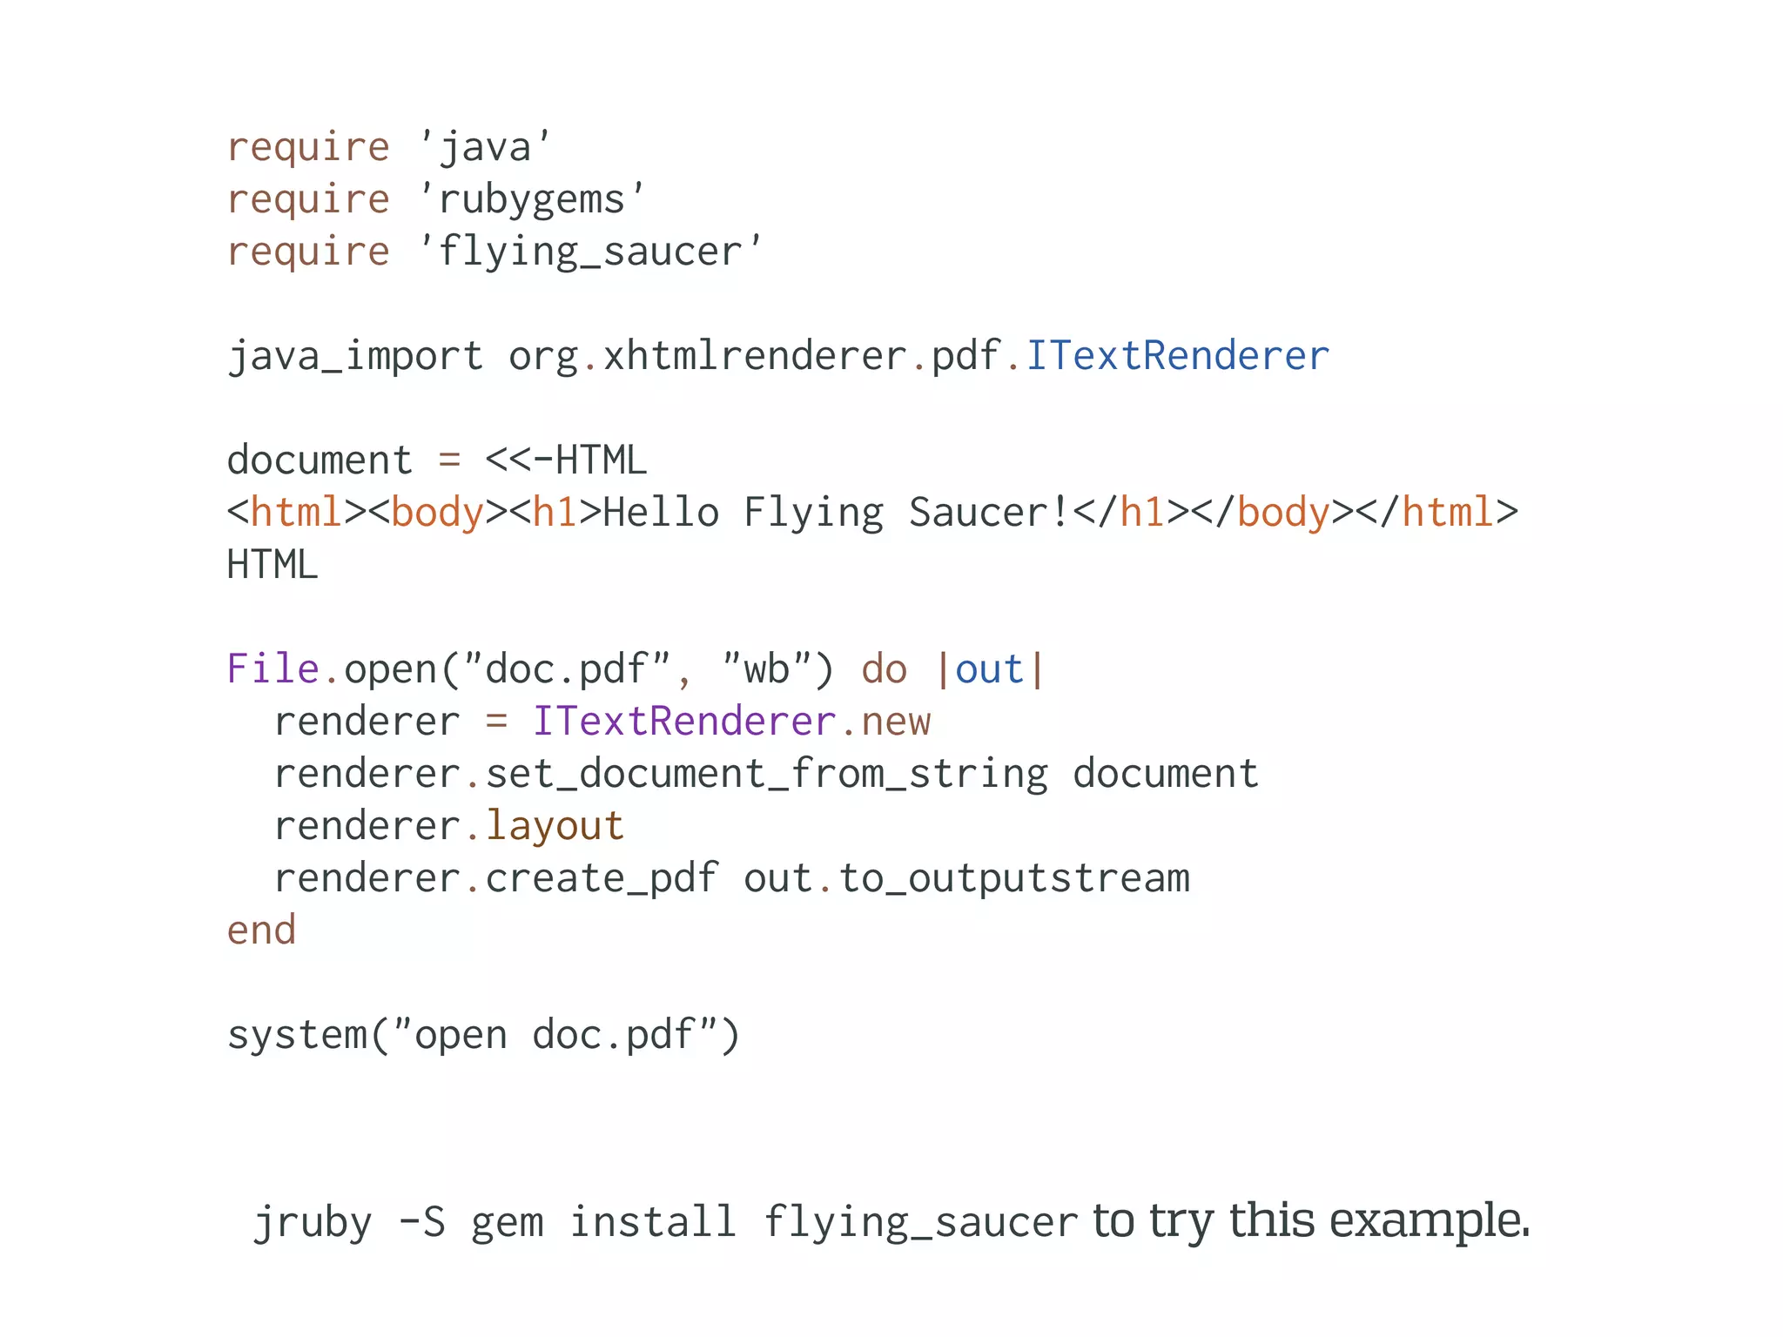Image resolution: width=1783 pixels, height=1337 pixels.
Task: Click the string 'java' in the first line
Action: click(x=485, y=147)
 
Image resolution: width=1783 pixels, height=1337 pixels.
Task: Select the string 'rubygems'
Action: click(x=532, y=200)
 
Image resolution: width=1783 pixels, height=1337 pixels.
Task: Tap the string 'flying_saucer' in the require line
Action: click(x=589, y=252)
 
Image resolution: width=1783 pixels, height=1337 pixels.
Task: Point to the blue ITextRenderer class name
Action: click(x=1177, y=356)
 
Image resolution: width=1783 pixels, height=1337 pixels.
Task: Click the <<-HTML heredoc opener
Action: click(x=566, y=460)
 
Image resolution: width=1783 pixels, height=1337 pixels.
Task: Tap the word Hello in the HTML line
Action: click(x=661, y=513)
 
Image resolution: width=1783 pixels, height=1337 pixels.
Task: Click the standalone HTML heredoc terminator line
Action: click(x=272, y=565)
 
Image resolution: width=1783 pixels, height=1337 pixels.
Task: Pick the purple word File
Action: click(x=272, y=669)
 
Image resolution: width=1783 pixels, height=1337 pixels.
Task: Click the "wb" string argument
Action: click(x=766, y=669)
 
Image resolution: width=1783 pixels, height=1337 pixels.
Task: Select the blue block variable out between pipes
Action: click(x=989, y=669)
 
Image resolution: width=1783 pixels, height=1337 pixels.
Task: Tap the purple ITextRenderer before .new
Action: click(x=684, y=722)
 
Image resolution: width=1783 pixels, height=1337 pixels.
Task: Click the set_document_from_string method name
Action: click(x=766, y=774)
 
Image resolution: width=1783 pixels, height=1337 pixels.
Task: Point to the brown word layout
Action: click(x=555, y=826)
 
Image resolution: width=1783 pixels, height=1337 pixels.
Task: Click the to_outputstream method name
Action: click(x=1014, y=878)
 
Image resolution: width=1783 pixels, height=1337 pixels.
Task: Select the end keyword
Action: click(x=261, y=931)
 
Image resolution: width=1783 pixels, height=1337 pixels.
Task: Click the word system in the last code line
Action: click(x=297, y=1035)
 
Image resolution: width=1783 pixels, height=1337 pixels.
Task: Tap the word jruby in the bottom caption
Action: click(x=313, y=1222)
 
